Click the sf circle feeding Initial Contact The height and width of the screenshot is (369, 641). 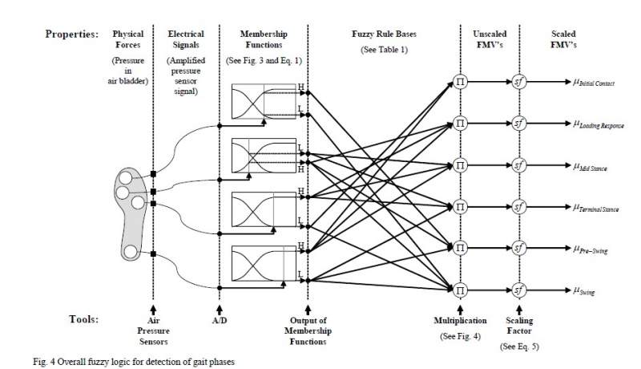pyautogui.click(x=518, y=82)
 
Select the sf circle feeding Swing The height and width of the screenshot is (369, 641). pyautogui.click(x=518, y=290)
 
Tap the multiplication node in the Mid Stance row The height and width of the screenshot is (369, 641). pyautogui.click(x=460, y=165)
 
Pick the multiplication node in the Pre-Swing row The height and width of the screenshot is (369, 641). pyautogui.click(x=460, y=249)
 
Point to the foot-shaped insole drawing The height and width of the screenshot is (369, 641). pyautogui.click(x=131, y=213)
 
